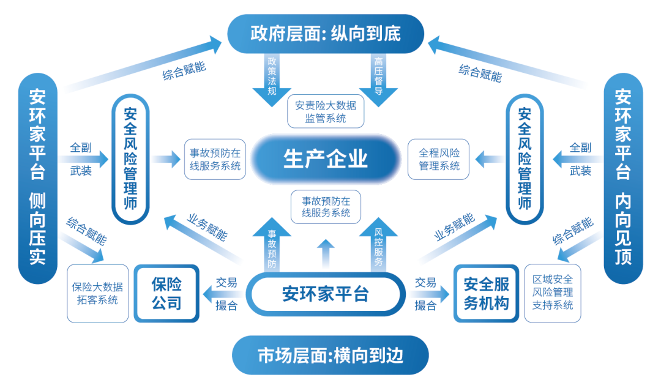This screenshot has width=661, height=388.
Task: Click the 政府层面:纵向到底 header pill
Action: pyautogui.click(x=326, y=34)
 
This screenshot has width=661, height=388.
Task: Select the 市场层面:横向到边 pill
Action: pyautogui.click(x=330, y=356)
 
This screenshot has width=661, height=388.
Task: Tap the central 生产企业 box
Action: pyautogui.click(x=326, y=159)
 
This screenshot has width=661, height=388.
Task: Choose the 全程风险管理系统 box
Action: pyautogui.click(x=439, y=159)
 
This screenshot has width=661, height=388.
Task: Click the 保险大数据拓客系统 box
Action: pyautogui.click(x=98, y=293)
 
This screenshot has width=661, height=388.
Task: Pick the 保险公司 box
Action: pyautogui.click(x=166, y=293)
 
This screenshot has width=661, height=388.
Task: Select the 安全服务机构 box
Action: pyautogui.click(x=486, y=293)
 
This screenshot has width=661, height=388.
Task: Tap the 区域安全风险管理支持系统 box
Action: pyautogui.click(x=553, y=293)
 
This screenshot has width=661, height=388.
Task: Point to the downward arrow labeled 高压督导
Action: pyautogui.click(x=378, y=80)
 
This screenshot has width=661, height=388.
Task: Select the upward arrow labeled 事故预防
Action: pyautogui.click(x=272, y=245)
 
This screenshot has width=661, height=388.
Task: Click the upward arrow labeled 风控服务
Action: pyautogui.click(x=378, y=245)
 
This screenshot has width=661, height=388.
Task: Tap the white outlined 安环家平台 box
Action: pyautogui.click(x=326, y=294)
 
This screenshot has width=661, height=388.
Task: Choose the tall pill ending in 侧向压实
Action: pyautogui.click(x=38, y=177)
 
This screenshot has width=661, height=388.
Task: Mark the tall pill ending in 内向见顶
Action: pyautogui.click(x=623, y=177)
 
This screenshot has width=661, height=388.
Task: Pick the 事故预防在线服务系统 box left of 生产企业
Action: pyautogui.click(x=215, y=159)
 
